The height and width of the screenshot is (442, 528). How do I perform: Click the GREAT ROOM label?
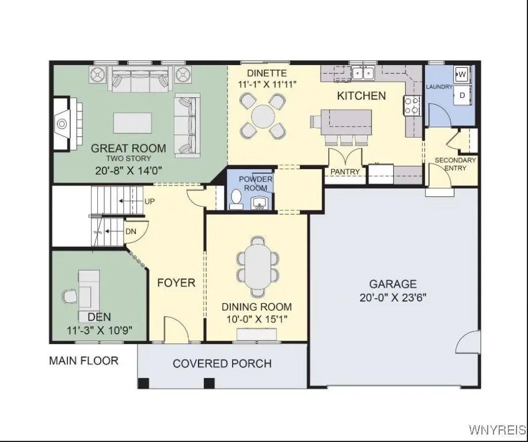pos(128,148)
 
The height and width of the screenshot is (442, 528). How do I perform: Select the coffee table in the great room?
pos(132,122)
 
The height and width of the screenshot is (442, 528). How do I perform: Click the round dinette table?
pos(263,117)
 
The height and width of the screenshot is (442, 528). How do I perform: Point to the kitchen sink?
pos(363,73)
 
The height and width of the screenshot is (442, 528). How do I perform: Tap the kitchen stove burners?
pos(412,106)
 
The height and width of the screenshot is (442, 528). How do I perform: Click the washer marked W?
pos(462,74)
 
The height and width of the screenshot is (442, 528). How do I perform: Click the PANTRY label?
pos(345,172)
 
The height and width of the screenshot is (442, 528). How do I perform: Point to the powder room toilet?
pos(235,199)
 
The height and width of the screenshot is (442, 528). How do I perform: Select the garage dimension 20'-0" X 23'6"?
pos(393,298)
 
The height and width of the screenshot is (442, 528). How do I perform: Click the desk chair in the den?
pos(70,296)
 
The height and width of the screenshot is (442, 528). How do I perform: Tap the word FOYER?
pos(176,283)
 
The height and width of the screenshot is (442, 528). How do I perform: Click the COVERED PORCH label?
pos(222,364)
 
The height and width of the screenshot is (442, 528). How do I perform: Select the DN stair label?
pos(131,231)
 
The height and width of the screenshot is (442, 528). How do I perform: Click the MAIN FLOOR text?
pos(83,361)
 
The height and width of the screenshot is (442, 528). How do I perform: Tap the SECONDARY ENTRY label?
pos(455,164)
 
